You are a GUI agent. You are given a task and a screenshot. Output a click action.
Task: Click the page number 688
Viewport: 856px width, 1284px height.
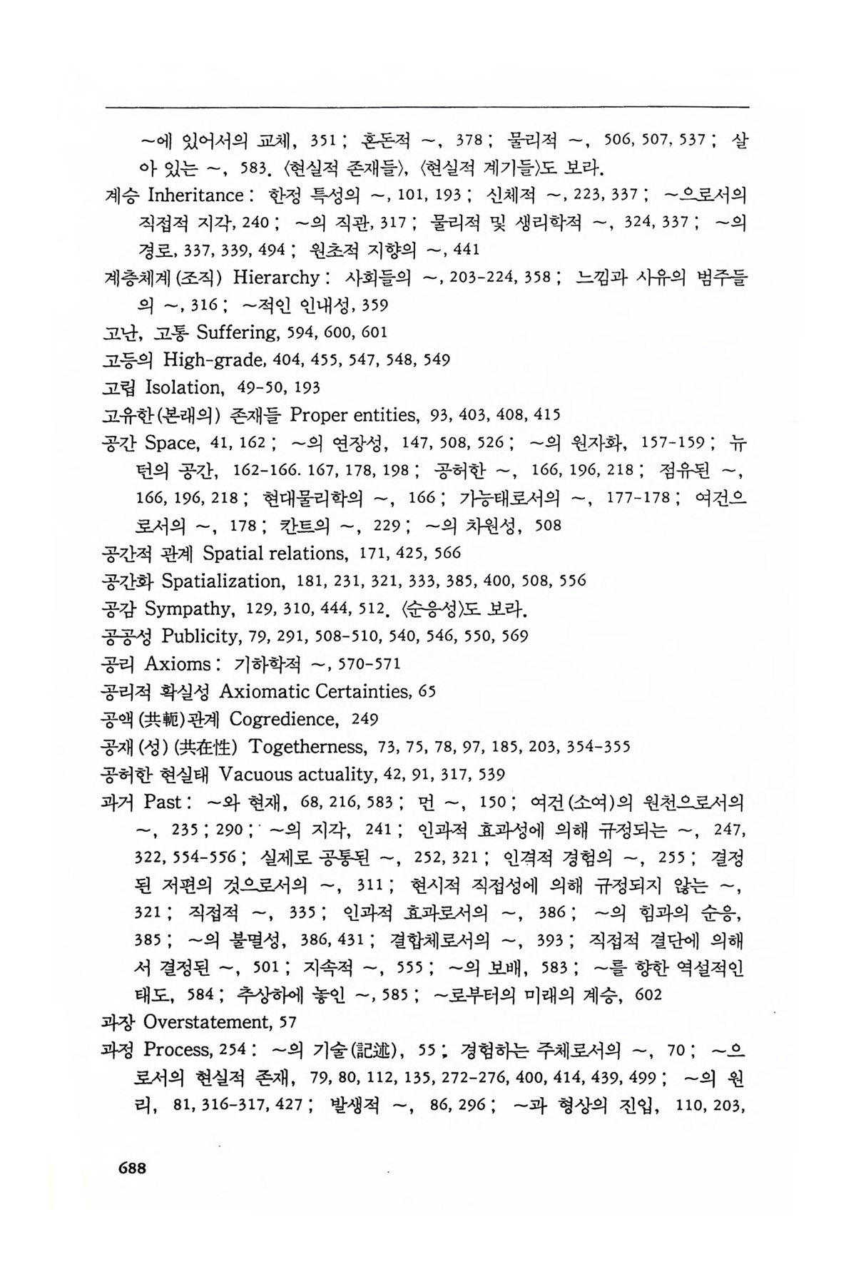pos(126,1168)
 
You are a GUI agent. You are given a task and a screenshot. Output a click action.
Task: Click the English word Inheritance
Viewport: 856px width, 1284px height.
pos(195,195)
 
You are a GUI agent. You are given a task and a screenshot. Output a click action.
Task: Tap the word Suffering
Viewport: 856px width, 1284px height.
pos(237,332)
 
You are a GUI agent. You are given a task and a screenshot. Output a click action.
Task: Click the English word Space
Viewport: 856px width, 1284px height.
pos(170,443)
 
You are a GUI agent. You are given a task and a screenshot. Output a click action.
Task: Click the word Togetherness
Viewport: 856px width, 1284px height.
pos(307,747)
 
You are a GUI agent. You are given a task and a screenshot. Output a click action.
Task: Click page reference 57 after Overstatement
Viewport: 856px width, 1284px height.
pos(287,1023)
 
